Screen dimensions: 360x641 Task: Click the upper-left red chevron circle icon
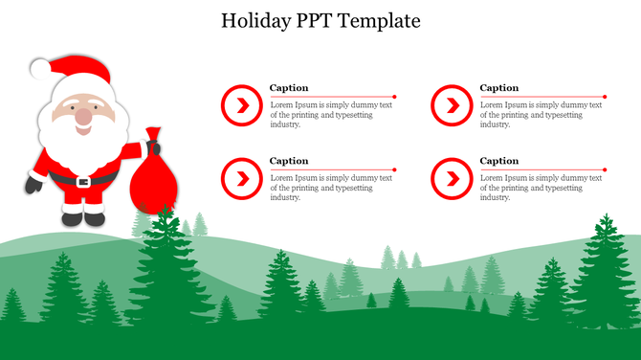coord(240,104)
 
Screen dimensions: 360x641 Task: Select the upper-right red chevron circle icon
coord(451,104)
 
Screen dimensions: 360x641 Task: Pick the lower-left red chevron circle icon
coord(240,178)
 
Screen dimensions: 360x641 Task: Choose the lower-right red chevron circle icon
coord(451,178)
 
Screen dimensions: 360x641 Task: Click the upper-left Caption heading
coord(289,88)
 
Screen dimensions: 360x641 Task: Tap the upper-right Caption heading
coord(499,88)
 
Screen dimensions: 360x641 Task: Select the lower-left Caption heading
coord(289,161)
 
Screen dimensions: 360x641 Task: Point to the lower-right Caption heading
coord(499,161)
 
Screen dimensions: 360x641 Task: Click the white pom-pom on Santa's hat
coord(38,68)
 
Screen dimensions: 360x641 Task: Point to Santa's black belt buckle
coord(84,180)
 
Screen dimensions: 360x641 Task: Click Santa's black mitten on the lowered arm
coord(33,185)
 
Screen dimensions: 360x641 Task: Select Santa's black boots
coord(83,217)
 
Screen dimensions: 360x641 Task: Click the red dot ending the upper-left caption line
coord(394,97)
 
